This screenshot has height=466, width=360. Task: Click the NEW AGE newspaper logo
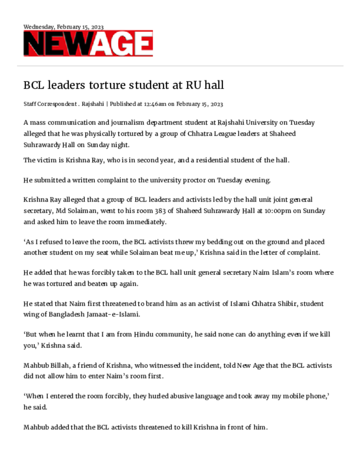pyautogui.click(x=88, y=44)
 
